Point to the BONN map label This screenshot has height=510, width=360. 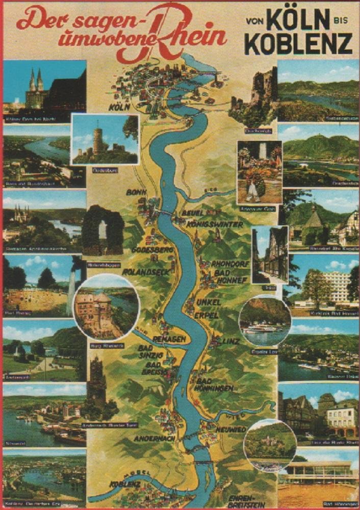pyautogui.click(x=137, y=192)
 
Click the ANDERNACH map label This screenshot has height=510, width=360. pyautogui.click(x=155, y=438)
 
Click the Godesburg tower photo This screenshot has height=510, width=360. pyautogui.click(x=105, y=139)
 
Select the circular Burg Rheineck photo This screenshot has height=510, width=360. pyautogui.click(x=106, y=307)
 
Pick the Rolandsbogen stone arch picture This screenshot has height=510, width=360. pyautogui.click(x=102, y=231)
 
